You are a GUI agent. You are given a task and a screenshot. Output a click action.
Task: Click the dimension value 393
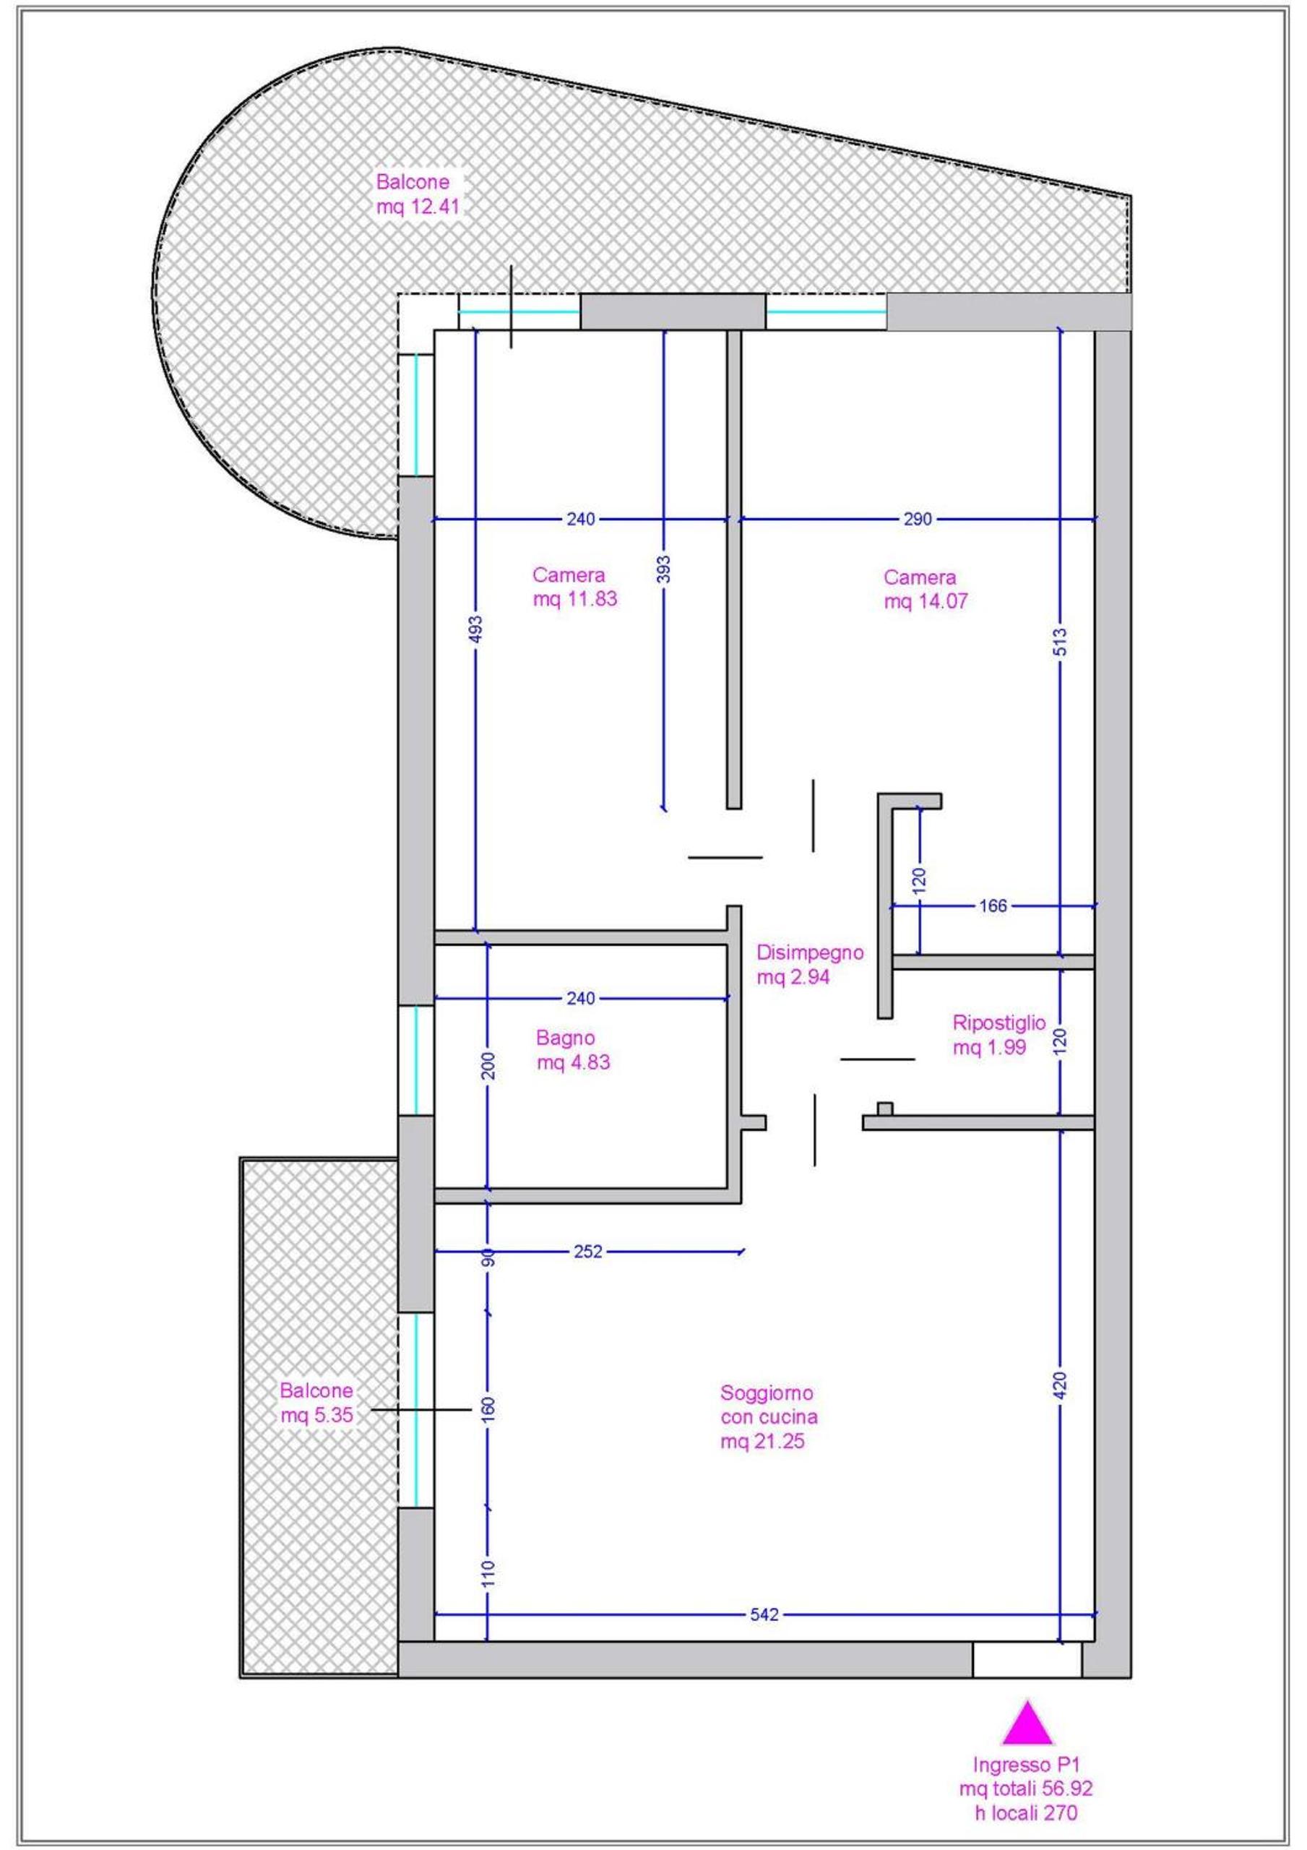pyautogui.click(x=664, y=569)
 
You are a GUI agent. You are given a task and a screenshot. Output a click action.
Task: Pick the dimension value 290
pyautogui.click(x=917, y=519)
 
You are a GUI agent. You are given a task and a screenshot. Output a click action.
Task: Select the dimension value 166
pyautogui.click(x=993, y=905)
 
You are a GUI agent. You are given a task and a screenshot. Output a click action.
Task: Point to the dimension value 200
pyautogui.click(x=488, y=1065)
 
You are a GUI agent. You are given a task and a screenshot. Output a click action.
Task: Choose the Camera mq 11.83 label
pyautogui.click(x=574, y=588)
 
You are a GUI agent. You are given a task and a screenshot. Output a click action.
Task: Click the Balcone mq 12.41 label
pyautogui.click(x=418, y=194)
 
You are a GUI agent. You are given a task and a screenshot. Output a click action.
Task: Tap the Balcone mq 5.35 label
pyautogui.click(x=316, y=1403)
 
